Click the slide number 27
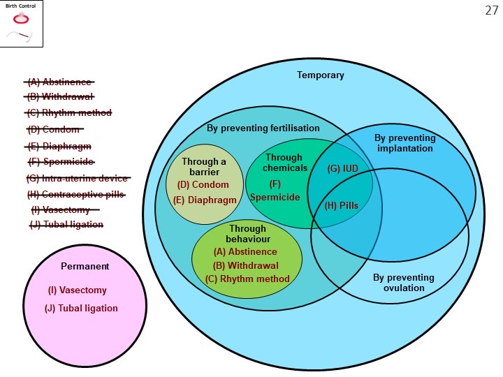[491, 10]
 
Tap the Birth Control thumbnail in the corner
[21, 24]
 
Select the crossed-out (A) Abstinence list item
[59, 82]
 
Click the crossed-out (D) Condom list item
[54, 129]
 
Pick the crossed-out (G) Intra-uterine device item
[78, 178]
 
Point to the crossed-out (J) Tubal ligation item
[66, 224]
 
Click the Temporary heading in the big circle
[320, 75]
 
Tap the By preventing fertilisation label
[263, 128]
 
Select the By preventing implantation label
[404, 143]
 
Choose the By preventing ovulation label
[403, 283]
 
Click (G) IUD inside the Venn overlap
[342, 169]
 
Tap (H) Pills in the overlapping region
[342, 205]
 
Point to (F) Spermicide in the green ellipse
[275, 191]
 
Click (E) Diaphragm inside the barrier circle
[205, 200]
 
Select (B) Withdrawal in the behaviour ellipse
[246, 265]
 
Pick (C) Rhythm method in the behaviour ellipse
[247, 279]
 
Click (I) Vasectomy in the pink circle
[77, 290]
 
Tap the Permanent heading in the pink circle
[85, 266]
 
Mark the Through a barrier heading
[203, 167]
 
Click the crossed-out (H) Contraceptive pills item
[76, 194]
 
